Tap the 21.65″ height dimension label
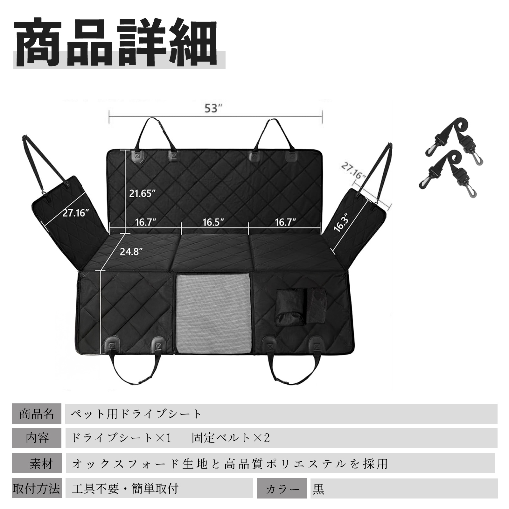(142, 193)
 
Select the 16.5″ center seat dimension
(213, 222)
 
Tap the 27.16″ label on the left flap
(75, 213)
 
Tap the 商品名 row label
(37, 414)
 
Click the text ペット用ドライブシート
(136, 414)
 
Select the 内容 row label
(37, 438)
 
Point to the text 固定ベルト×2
(231, 438)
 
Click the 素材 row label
(37, 463)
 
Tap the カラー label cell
(282, 488)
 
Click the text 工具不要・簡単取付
(125, 488)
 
